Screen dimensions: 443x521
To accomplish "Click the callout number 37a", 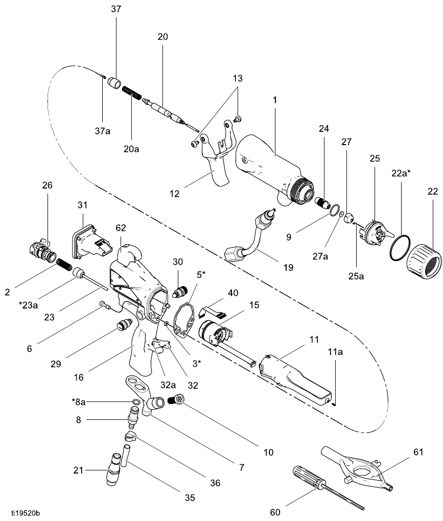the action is click(102, 131).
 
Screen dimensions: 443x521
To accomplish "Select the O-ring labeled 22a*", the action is click(400, 248).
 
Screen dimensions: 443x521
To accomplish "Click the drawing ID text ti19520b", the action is click(26, 513).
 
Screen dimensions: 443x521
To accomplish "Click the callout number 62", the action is click(121, 228).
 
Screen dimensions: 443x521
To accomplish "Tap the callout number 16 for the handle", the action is click(79, 377).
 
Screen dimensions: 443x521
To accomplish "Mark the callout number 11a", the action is click(335, 352).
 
